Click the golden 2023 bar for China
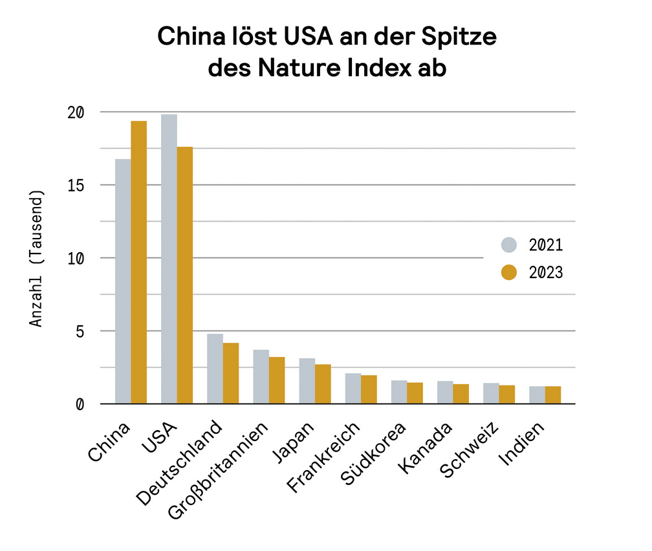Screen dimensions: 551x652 click(139, 262)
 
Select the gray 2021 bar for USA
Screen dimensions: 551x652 click(169, 259)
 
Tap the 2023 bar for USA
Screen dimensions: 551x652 click(185, 275)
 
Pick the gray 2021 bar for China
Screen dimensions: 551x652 click(123, 281)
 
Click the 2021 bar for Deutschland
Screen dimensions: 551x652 click(215, 369)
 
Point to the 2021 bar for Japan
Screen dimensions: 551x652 click(307, 381)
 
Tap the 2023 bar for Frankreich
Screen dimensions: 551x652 click(369, 389)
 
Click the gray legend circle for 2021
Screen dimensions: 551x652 click(510, 245)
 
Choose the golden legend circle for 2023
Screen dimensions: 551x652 click(510, 273)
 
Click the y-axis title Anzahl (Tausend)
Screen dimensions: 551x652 click(38, 259)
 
